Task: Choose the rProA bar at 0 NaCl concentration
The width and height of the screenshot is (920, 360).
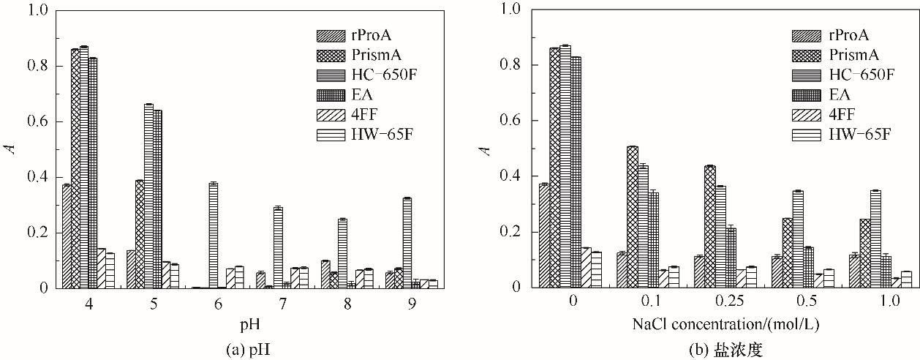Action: (544, 236)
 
